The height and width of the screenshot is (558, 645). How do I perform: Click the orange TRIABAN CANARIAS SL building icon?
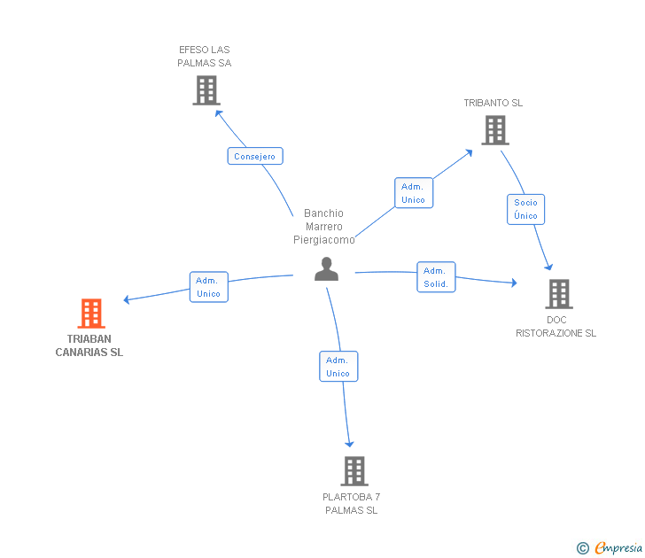pyautogui.click(x=91, y=314)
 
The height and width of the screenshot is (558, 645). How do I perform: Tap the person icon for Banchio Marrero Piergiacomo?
pyautogui.click(x=327, y=269)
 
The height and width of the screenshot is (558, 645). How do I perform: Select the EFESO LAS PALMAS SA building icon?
pyautogui.click(x=206, y=90)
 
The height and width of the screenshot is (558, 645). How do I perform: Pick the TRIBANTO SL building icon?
pyautogui.click(x=495, y=130)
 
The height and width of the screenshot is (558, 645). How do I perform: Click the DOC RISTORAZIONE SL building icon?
pyautogui.click(x=559, y=294)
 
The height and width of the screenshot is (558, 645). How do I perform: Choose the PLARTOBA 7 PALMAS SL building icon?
pyautogui.click(x=354, y=471)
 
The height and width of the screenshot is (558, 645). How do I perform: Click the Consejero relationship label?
pyautogui.click(x=255, y=156)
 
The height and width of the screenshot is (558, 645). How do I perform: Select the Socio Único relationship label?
pyautogui.click(x=525, y=209)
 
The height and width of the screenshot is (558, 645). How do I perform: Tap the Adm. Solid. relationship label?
pyautogui.click(x=436, y=277)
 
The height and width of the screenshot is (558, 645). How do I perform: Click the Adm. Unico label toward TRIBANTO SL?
pyautogui.click(x=414, y=193)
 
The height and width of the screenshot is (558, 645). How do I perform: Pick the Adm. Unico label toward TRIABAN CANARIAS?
pyautogui.click(x=208, y=287)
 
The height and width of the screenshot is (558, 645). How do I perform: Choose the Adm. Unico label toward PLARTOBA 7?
pyautogui.click(x=338, y=367)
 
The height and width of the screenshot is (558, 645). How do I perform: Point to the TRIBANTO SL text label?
pyautogui.click(x=493, y=103)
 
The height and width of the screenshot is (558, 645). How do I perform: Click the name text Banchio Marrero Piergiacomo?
pyautogui.click(x=324, y=227)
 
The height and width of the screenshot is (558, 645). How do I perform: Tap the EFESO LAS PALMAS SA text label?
pyautogui.click(x=205, y=57)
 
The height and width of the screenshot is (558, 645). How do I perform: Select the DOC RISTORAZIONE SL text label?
pyautogui.click(x=556, y=327)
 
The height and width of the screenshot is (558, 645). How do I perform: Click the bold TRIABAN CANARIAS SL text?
pyautogui.click(x=89, y=345)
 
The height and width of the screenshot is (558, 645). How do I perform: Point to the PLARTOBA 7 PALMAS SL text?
pyautogui.click(x=351, y=503)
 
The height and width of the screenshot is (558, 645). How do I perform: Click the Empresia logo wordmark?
pyautogui.click(x=618, y=547)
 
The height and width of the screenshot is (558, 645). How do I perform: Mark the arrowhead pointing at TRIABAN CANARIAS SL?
pyautogui.click(x=127, y=299)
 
